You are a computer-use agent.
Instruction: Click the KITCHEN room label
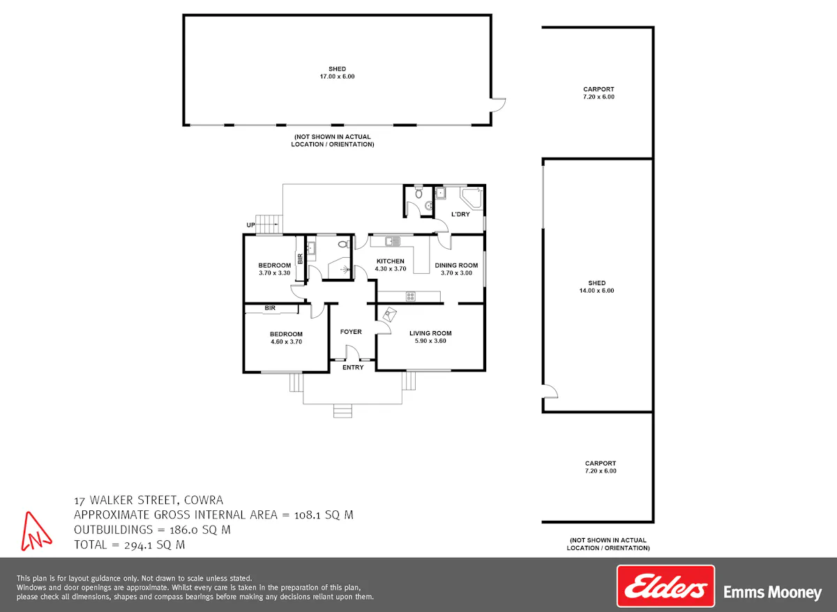pyautogui.click(x=390, y=261)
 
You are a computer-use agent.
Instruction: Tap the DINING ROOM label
pyautogui.click(x=456, y=265)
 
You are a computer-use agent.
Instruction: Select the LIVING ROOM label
pyautogui.click(x=430, y=333)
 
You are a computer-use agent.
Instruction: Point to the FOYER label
pyautogui.click(x=351, y=332)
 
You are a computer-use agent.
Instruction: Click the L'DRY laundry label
pyautogui.click(x=460, y=214)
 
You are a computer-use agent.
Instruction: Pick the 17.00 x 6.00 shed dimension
pyautogui.click(x=337, y=77)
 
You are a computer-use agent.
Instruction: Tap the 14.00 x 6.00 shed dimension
pyautogui.click(x=597, y=291)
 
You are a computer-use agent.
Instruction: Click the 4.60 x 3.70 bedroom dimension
pyautogui.click(x=286, y=342)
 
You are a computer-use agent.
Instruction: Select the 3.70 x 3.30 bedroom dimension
pyautogui.click(x=275, y=273)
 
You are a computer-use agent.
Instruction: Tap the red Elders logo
pyautogui.click(x=665, y=586)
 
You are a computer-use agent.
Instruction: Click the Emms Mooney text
pyautogui.click(x=773, y=592)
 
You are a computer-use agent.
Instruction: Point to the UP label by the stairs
pyautogui.click(x=250, y=225)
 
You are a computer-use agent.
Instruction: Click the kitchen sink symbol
pyautogui.click(x=393, y=241)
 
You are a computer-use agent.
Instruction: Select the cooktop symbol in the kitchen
pyautogui.click(x=411, y=296)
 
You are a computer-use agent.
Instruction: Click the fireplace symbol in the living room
pyautogui.click(x=390, y=314)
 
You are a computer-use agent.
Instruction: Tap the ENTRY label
pyautogui.click(x=353, y=367)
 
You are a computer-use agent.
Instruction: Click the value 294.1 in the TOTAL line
pyautogui.click(x=139, y=545)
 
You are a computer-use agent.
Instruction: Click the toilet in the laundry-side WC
pyautogui.click(x=418, y=193)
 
